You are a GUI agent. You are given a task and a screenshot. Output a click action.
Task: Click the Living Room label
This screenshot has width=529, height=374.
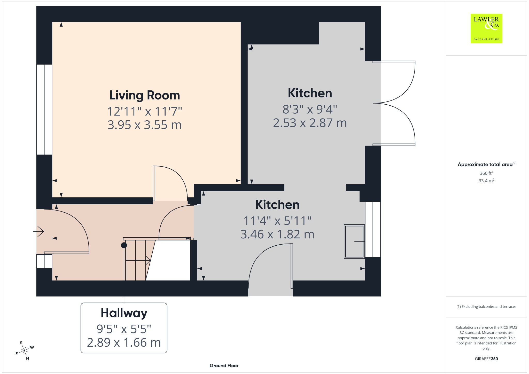pyautogui.click(x=145, y=95)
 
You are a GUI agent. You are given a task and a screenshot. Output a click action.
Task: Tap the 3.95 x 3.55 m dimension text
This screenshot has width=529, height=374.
pyautogui.click(x=145, y=125)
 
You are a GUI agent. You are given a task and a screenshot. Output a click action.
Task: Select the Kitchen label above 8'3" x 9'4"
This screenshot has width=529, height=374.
pyautogui.click(x=310, y=93)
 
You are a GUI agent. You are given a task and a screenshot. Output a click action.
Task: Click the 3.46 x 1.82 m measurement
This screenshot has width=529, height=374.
pyautogui.click(x=277, y=235)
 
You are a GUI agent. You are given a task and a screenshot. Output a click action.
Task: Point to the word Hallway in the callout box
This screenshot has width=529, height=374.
pyautogui.click(x=124, y=313)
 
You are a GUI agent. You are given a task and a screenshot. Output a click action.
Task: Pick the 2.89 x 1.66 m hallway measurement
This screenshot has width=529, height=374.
pyautogui.click(x=124, y=342)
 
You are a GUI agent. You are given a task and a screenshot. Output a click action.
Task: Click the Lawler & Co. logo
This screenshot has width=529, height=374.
pyautogui.click(x=486, y=28)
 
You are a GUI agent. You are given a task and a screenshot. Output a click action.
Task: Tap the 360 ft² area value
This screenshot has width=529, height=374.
pyautogui.click(x=486, y=173)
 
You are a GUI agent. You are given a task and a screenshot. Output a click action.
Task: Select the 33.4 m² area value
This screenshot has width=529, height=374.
pyautogui.click(x=486, y=181)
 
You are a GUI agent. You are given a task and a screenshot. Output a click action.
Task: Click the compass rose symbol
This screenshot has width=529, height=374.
pyautogui.click(x=25, y=350)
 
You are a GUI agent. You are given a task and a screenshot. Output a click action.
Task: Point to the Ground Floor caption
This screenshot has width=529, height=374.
pyautogui.click(x=224, y=365)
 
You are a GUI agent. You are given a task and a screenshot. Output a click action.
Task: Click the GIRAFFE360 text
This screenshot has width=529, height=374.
pyautogui.click(x=486, y=359)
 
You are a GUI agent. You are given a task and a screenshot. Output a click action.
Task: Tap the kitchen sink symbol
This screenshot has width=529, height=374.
pyautogui.click(x=354, y=241)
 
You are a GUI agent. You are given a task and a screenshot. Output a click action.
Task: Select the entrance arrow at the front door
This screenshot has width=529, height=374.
pyautogui.click(x=39, y=231)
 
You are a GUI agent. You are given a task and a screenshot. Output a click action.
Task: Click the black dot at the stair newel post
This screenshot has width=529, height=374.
pyautogui.click(x=124, y=245)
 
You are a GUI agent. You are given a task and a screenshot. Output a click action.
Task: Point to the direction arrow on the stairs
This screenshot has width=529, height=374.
pyautogui.click(x=138, y=261)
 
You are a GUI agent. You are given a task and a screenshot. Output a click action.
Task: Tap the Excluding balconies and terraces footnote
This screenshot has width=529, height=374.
pyautogui.click(x=486, y=307)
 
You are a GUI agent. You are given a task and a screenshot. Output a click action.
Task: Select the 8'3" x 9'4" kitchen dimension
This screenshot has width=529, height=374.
pyautogui.click(x=310, y=109)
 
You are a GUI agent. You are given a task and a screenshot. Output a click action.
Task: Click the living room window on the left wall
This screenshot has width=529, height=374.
pyautogui.click(x=44, y=110)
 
